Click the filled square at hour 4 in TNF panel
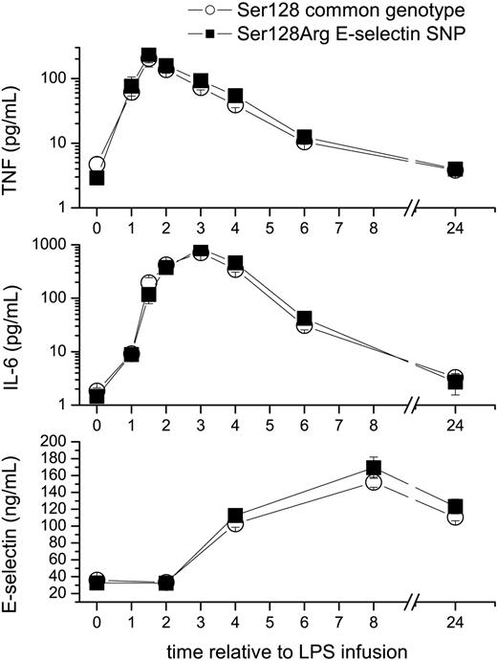pos(235,97)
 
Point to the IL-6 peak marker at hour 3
pos(201,252)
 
